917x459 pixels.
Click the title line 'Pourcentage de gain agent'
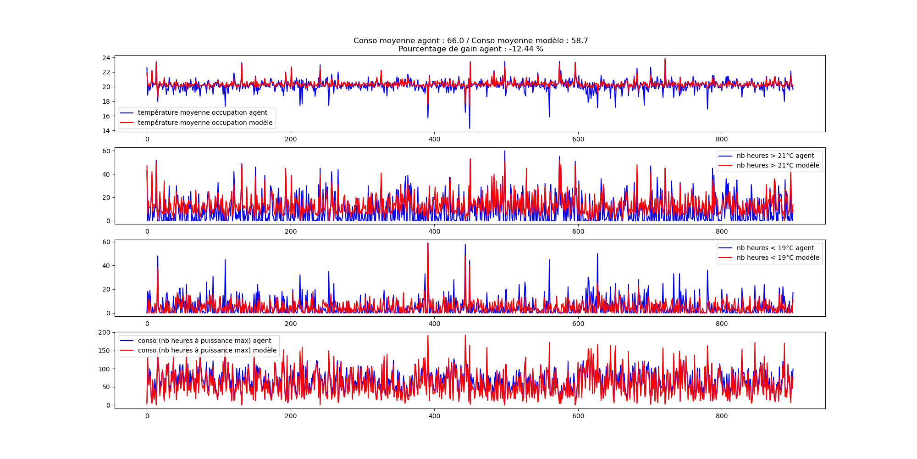[x=470, y=49]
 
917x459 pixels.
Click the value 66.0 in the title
[x=455, y=41]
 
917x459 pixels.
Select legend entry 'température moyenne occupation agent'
[x=202, y=112]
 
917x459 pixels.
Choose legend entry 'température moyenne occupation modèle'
[x=205, y=123]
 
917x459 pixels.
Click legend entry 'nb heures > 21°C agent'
[x=775, y=156]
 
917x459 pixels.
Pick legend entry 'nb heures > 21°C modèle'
[x=778, y=165]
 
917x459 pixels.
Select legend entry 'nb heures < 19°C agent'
[x=775, y=248]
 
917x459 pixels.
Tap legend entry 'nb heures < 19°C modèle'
[x=778, y=257]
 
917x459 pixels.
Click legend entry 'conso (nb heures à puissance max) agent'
[x=204, y=341]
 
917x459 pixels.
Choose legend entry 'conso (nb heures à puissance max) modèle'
[x=207, y=350]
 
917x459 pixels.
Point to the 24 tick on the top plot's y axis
[x=106, y=58]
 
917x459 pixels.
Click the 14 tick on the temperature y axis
[x=106, y=131]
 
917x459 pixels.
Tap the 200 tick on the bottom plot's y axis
[x=105, y=332]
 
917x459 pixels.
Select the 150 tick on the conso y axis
[x=105, y=351]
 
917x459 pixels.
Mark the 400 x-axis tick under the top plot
[x=434, y=140]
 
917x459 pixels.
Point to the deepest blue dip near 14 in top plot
[x=470, y=128]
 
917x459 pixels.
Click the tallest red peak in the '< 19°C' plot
[x=428, y=243]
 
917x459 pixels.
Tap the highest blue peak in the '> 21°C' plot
[x=505, y=151]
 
